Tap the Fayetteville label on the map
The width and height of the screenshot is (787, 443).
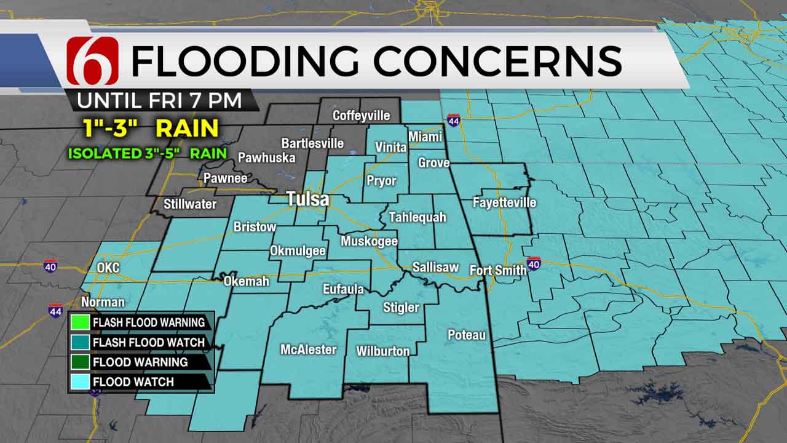(504, 202)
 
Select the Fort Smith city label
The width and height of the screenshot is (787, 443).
(497, 270)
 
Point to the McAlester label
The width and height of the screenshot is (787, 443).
(308, 349)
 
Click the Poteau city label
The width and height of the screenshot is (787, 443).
(466, 335)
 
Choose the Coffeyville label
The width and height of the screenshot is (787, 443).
(362, 115)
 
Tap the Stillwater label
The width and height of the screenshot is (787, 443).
(190, 204)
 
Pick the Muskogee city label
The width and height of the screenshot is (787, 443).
(369, 241)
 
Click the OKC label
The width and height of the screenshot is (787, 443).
(108, 268)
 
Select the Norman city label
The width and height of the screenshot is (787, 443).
(103, 302)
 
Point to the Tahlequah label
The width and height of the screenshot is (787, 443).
(417, 217)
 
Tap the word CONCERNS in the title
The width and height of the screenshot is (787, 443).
(498, 61)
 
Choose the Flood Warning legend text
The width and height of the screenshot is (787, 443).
(140, 362)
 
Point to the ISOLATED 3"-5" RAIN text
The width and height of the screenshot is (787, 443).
(147, 153)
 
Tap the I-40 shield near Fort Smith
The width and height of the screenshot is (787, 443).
(534, 263)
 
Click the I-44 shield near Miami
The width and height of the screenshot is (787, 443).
(453, 121)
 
